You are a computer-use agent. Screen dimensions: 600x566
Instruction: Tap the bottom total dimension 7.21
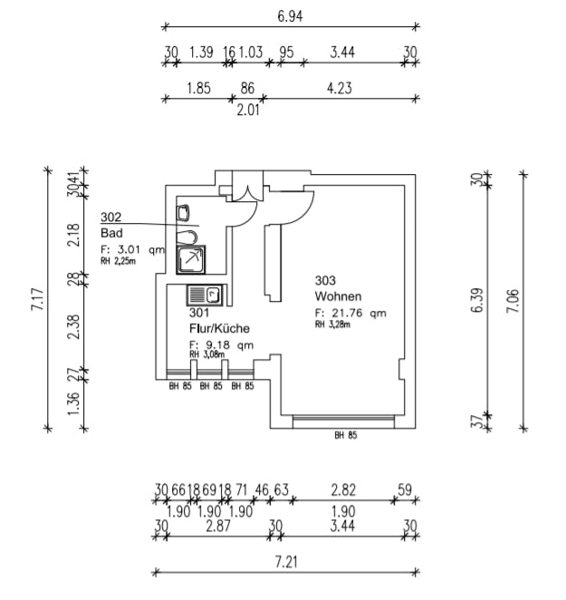click(x=285, y=562)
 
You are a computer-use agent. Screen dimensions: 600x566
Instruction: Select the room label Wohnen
click(x=339, y=296)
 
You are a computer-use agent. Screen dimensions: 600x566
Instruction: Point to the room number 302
click(x=111, y=217)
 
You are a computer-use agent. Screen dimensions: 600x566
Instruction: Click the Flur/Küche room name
click(x=219, y=329)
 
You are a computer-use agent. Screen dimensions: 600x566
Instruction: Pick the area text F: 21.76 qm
click(x=350, y=314)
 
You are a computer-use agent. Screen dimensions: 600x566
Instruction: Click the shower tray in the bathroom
click(x=191, y=259)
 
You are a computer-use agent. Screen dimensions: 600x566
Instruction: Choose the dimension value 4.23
click(x=337, y=89)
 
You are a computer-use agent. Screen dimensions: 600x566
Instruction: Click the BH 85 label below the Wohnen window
click(x=345, y=435)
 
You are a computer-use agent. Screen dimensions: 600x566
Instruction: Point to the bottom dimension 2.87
click(x=216, y=526)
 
